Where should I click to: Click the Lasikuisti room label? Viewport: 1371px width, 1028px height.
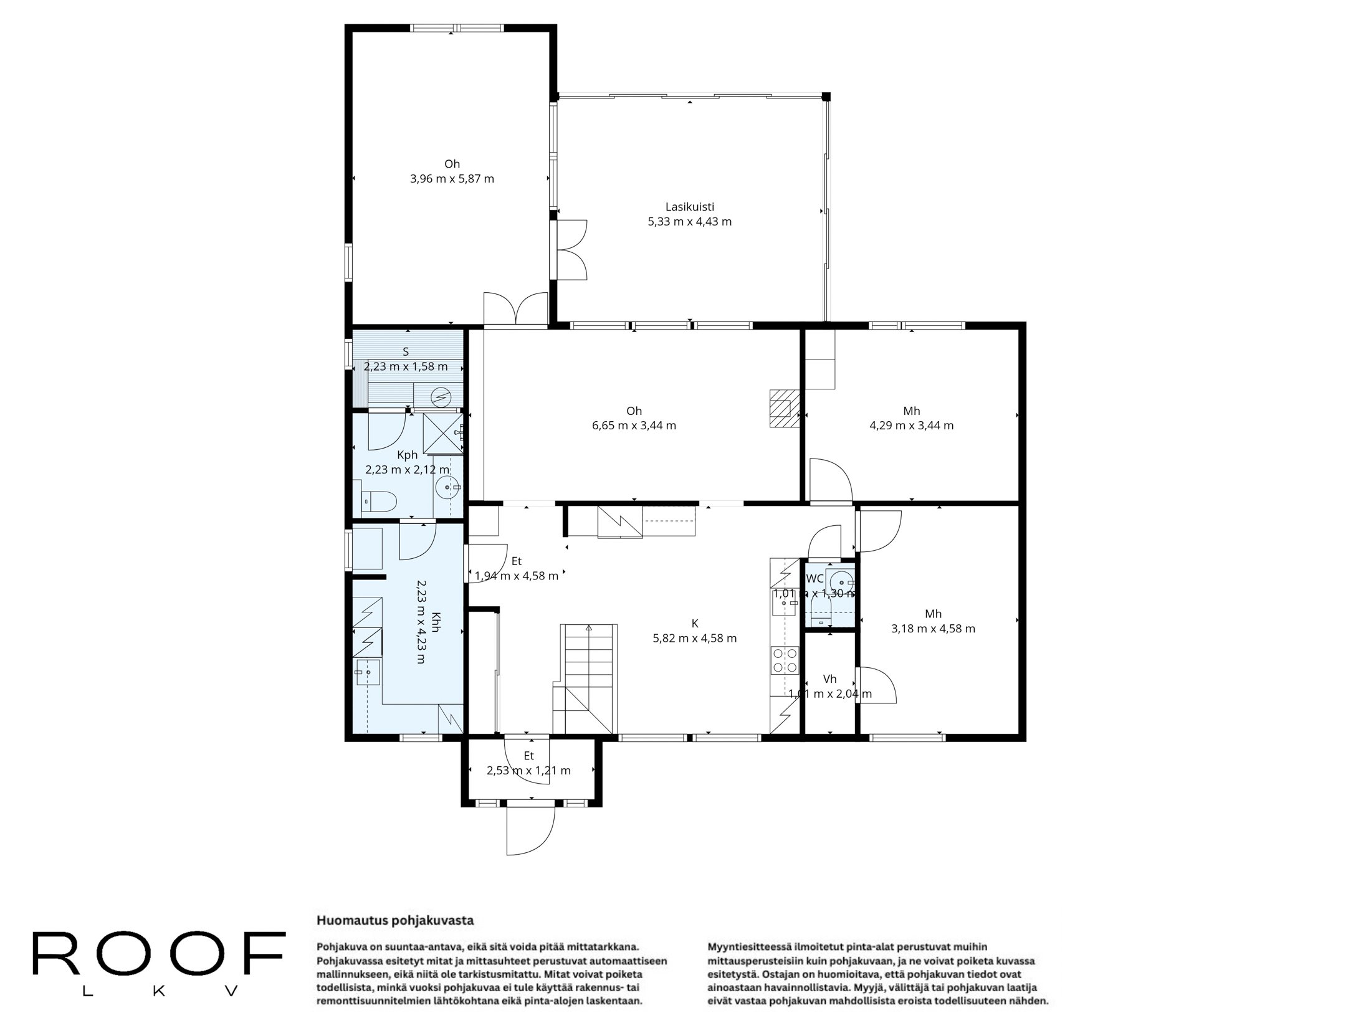(x=689, y=207)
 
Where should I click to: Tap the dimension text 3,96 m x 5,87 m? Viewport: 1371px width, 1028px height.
(x=452, y=179)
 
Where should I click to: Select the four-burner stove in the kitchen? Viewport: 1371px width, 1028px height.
(x=785, y=660)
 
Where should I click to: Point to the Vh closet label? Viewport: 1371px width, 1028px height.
(x=829, y=679)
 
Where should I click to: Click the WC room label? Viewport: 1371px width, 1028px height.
(x=814, y=579)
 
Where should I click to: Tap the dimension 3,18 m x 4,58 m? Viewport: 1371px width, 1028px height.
(x=933, y=629)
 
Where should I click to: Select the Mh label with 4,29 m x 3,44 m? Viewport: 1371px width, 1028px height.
(x=911, y=411)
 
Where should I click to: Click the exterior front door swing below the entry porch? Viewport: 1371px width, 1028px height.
(x=530, y=832)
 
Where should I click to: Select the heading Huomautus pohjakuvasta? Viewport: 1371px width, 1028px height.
(x=395, y=920)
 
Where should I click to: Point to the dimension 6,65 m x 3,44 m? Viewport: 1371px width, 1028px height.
(x=634, y=426)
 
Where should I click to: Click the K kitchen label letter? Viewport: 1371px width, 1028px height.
(x=695, y=623)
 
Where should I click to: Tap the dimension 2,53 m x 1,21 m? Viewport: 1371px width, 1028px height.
(x=528, y=771)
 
